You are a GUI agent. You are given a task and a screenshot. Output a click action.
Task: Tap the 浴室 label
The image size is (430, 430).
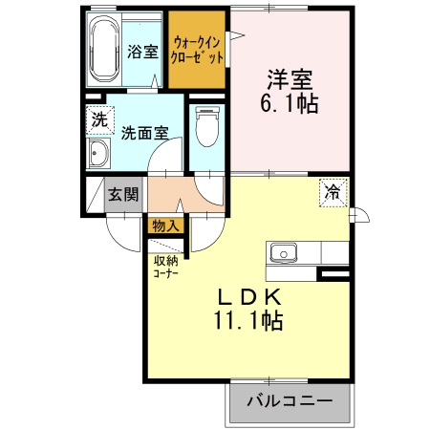[x=143, y=52]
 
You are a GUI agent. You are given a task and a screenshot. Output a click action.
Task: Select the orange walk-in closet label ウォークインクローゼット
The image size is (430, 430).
[x=198, y=49]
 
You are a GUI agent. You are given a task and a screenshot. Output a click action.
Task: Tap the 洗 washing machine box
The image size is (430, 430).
[x=98, y=120]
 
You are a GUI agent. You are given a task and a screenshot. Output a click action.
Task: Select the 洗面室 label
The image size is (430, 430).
[x=142, y=134]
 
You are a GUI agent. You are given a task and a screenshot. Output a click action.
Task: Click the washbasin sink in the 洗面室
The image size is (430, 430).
[x=98, y=155]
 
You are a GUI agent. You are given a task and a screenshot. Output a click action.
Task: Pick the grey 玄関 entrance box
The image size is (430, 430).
[x=122, y=195]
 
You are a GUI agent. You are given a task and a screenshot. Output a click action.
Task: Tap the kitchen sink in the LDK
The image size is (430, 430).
[x=284, y=253]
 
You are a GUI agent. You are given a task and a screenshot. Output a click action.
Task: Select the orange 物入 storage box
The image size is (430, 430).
[x=165, y=226]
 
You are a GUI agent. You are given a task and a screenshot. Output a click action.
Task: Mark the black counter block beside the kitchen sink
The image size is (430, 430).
[x=333, y=274]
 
